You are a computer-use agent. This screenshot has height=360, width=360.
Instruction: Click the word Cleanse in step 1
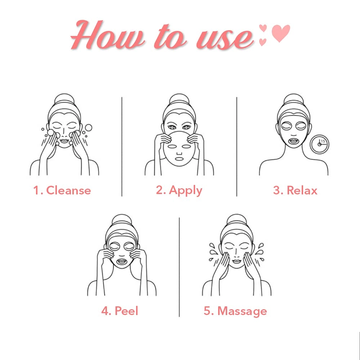pyautogui.click(x=69, y=190)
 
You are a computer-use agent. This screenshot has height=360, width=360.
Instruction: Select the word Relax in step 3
pyautogui.click(x=302, y=190)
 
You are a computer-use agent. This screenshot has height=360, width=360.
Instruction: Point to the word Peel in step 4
pyautogui.click(x=126, y=311)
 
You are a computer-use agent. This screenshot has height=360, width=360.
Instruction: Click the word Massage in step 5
pyautogui.click(x=242, y=311)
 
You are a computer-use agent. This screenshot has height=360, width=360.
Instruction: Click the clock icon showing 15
pyautogui.click(x=319, y=144)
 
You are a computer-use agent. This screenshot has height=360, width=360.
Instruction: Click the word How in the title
pyautogui.click(x=107, y=35)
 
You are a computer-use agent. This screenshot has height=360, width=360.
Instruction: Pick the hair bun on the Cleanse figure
pyautogui.click(x=64, y=99)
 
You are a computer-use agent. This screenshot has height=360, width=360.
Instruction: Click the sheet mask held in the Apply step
pyautogui.click(x=179, y=149)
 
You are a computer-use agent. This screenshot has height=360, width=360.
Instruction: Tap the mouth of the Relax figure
pyautogui.click(x=294, y=140)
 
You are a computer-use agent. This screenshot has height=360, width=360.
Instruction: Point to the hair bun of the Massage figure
pyautogui.click(x=237, y=220)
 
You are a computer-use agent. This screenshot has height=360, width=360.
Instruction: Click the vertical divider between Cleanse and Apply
pyautogui.click(x=122, y=147)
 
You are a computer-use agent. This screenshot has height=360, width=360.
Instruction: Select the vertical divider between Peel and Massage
pyautogui.click(x=179, y=267)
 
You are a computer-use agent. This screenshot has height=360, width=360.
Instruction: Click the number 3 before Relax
pyautogui.click(x=276, y=190)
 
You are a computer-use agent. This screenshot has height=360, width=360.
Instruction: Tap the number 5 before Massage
pyautogui.click(x=207, y=311)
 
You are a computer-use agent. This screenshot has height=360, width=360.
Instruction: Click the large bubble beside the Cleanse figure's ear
pyautogui.click(x=88, y=128)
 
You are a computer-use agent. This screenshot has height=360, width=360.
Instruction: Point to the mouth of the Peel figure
pyautogui.click(x=122, y=261)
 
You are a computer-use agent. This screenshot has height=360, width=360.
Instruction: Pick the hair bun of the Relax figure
pyautogui.click(x=294, y=99)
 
